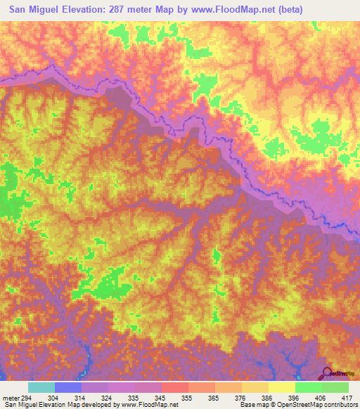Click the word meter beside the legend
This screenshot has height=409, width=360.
pyautogui.click(x=11, y=397)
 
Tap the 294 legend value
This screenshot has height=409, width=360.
pyautogui.click(x=26, y=397)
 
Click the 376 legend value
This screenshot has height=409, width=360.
pyautogui.click(x=242, y=397)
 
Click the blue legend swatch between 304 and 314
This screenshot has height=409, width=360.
pyautogui.click(x=67, y=387)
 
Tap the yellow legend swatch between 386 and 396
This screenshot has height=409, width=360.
pyautogui.click(x=281, y=387)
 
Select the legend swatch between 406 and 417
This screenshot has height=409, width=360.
pyautogui.click(x=335, y=387)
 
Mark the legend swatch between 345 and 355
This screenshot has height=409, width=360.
pyautogui.click(x=174, y=387)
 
